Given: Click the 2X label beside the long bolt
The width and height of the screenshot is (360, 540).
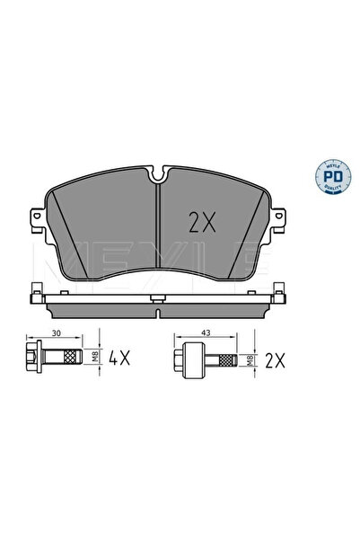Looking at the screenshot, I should tap(274, 361).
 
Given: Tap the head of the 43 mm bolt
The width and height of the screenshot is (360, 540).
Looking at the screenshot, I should tap(187, 361).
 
